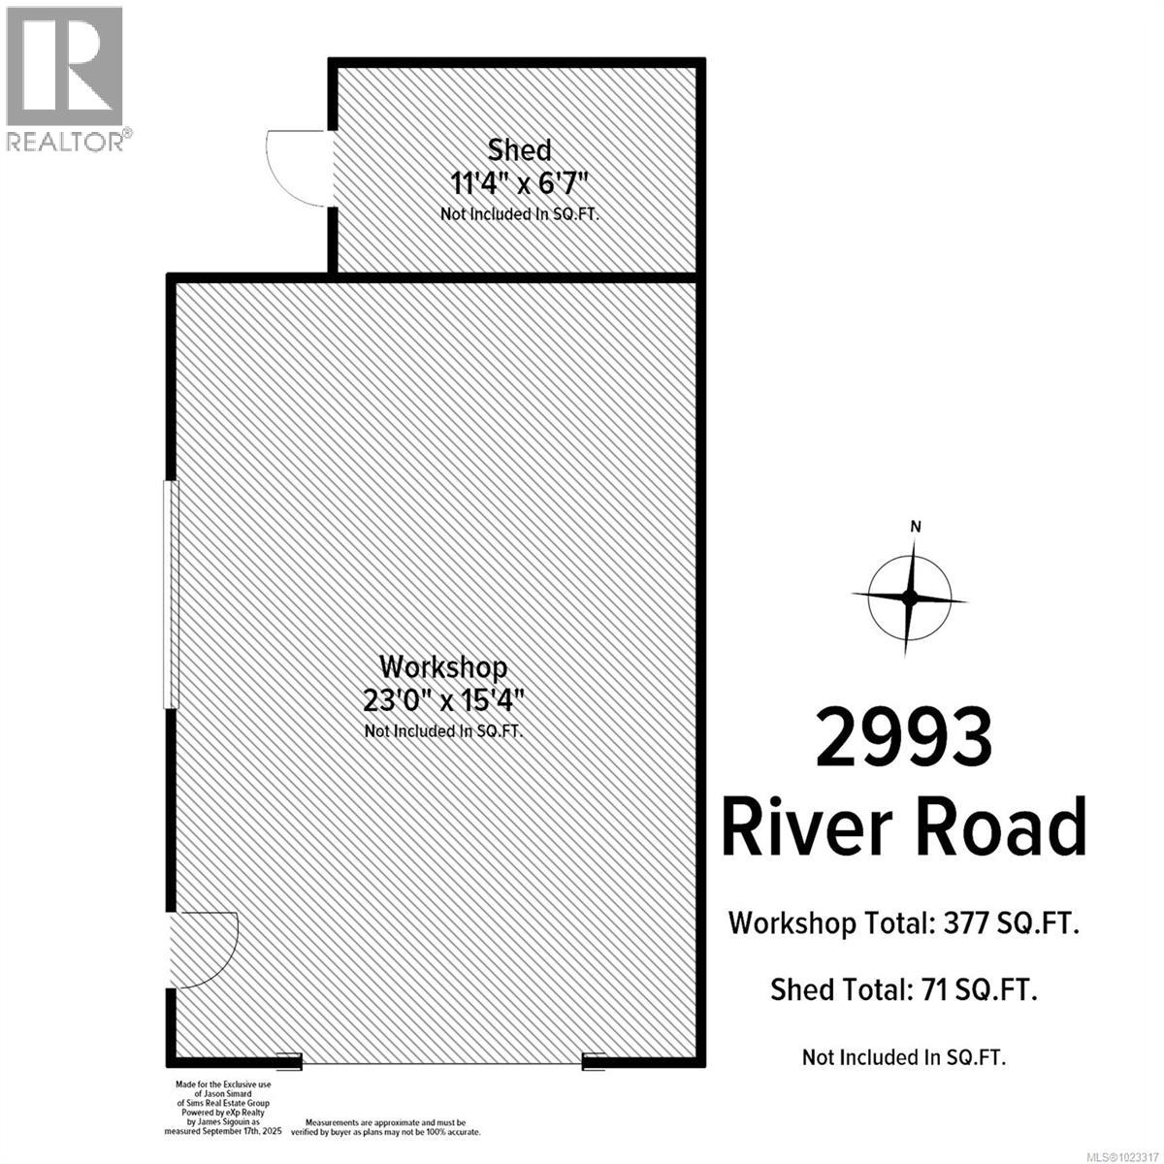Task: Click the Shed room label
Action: [519, 149]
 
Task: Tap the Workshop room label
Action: [443, 666]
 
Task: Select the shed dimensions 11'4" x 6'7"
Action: [520, 182]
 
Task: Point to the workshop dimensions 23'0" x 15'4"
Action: [442, 699]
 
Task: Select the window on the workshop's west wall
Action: [171, 594]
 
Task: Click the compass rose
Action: [909, 598]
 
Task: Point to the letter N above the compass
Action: [915, 527]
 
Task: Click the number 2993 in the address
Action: [904, 738]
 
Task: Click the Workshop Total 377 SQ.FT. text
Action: [904, 922]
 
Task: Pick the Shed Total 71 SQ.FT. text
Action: [904, 989]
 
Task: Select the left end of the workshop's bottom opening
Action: [290, 1062]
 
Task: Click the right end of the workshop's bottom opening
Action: [594, 1062]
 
